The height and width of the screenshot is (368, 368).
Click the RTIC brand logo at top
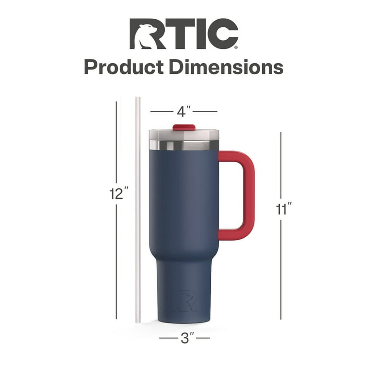pos(184,34)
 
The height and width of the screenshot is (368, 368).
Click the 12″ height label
pos(118,194)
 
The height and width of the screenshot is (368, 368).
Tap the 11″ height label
pos(283,209)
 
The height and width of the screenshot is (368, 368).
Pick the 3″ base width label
pos(184,338)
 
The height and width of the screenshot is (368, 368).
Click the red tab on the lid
pos(184,127)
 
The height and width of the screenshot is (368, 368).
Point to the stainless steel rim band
pos(184,145)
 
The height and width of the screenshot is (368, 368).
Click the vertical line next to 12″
pos(116,144)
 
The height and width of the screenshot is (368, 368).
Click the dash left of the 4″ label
pos(161,111)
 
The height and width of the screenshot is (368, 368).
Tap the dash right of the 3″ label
pos(203,338)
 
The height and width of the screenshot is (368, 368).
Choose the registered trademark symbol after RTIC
pos(235,47)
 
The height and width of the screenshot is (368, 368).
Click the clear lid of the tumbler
pos(184,135)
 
